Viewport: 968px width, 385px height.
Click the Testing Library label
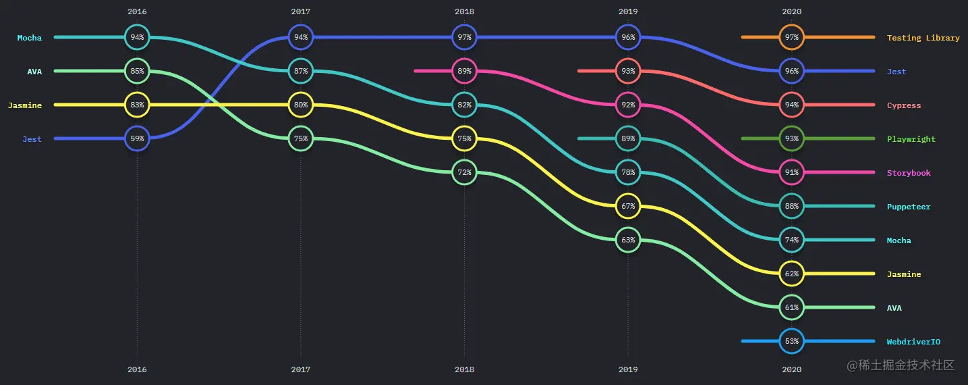(x=923, y=38)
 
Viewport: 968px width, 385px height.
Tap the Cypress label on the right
(x=903, y=105)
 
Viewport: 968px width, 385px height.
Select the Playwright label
(x=911, y=139)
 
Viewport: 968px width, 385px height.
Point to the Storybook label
(x=908, y=173)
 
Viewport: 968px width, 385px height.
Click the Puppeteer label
(x=908, y=207)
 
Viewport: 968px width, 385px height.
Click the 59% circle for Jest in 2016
(x=137, y=138)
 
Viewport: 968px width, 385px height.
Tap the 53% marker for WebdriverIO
(x=791, y=341)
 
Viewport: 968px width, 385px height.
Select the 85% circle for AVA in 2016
(x=137, y=71)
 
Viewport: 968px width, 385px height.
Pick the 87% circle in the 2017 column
(x=301, y=71)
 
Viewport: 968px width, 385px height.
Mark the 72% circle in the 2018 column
(x=464, y=172)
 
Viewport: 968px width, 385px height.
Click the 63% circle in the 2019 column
(x=628, y=240)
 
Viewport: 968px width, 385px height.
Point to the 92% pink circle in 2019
(x=628, y=105)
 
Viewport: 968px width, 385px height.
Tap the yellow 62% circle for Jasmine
(x=791, y=274)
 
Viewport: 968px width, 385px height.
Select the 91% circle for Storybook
(x=791, y=172)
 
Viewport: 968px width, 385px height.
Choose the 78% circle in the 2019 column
(x=628, y=172)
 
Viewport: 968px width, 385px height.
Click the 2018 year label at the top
(x=464, y=11)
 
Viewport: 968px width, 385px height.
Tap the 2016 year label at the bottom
(x=137, y=369)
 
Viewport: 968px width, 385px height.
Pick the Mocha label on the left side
(x=29, y=38)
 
